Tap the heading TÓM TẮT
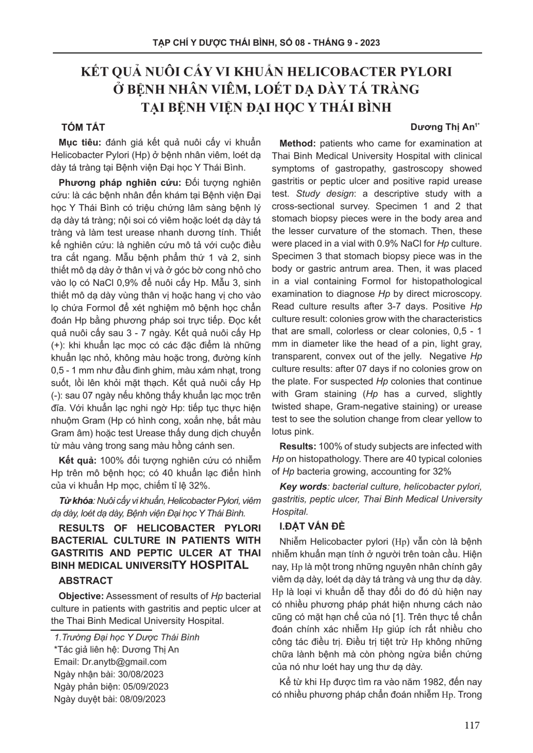tap(83, 128)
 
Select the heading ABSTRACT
tap(86, 581)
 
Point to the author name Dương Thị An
tap(445, 128)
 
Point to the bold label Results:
tap(297, 447)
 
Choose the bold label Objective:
tap(81, 596)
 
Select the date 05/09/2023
tap(144, 687)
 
